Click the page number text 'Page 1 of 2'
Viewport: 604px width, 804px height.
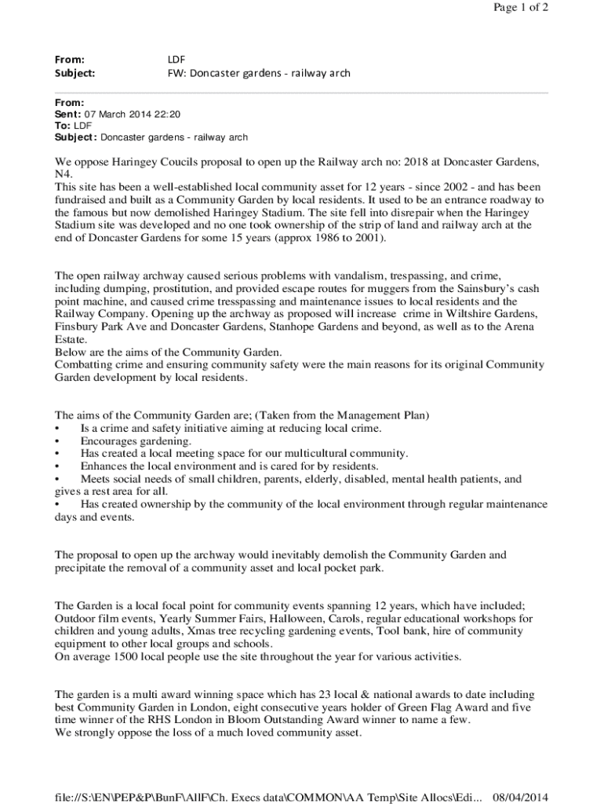pyautogui.click(x=521, y=8)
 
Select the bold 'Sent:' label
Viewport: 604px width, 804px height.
pyautogui.click(x=67, y=114)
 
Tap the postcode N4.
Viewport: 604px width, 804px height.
pyautogui.click(x=63, y=174)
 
